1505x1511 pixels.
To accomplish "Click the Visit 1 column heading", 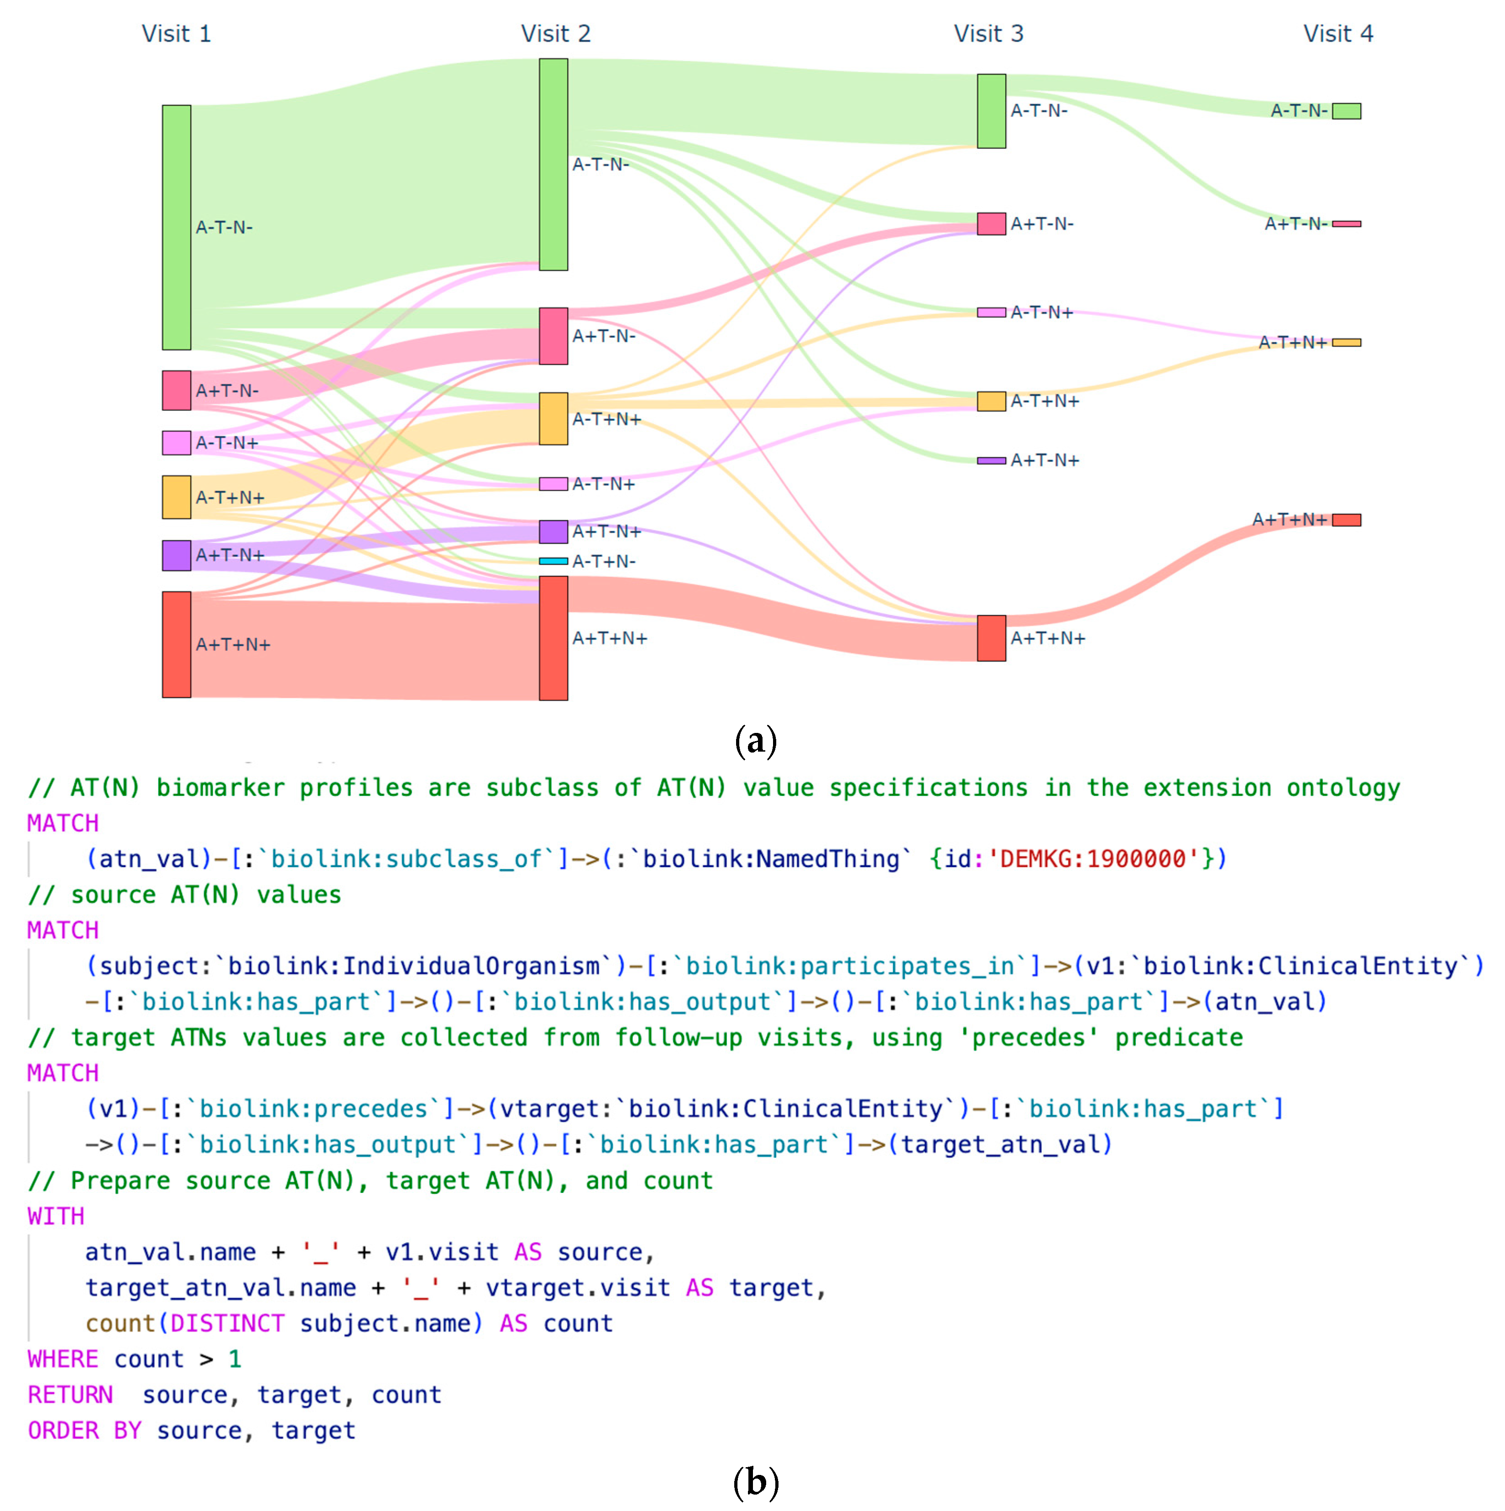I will tap(176, 34).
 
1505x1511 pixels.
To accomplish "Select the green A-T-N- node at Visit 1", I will tap(176, 227).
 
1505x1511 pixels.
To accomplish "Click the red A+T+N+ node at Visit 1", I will tap(176, 643).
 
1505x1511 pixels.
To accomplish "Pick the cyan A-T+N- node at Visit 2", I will tap(553, 561).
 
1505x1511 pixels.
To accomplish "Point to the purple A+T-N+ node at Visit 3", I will tap(991, 460).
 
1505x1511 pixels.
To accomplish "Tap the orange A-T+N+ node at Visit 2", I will tap(553, 418).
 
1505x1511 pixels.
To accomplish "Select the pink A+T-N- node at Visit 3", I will tap(991, 224).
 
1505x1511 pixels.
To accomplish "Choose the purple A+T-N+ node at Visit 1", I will tap(176, 555).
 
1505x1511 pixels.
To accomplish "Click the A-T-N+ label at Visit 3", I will tap(1041, 312).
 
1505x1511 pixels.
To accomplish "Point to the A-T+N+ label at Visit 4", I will tap(1292, 343).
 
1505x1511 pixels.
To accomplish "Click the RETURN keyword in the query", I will tap(70, 1395).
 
